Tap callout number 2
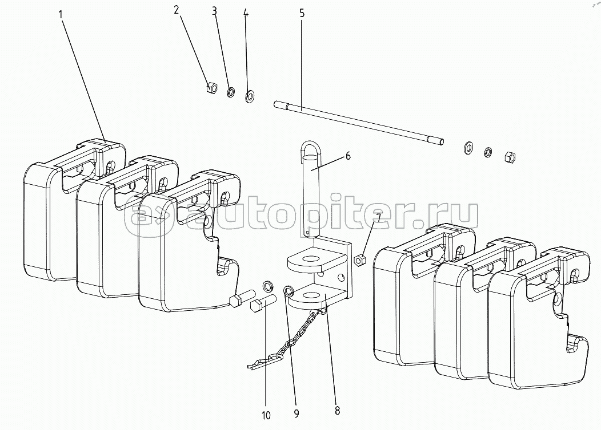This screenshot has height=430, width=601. click(x=177, y=10)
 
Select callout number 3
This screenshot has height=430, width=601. click(x=215, y=11)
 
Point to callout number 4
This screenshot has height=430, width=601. click(x=246, y=13)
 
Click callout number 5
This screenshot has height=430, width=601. click(x=302, y=13)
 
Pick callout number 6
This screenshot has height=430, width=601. click(x=348, y=156)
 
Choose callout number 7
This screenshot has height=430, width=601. click(x=378, y=218)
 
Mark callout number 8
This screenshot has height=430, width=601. click(x=337, y=411)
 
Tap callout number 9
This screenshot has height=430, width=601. click(x=297, y=413)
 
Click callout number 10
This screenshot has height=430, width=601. click(x=266, y=416)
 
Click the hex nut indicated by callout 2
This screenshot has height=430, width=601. click(x=211, y=88)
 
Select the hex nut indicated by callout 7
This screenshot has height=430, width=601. click(x=360, y=261)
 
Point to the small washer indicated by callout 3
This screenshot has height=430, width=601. click(x=231, y=92)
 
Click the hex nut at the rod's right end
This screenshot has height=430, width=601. click(x=510, y=156)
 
